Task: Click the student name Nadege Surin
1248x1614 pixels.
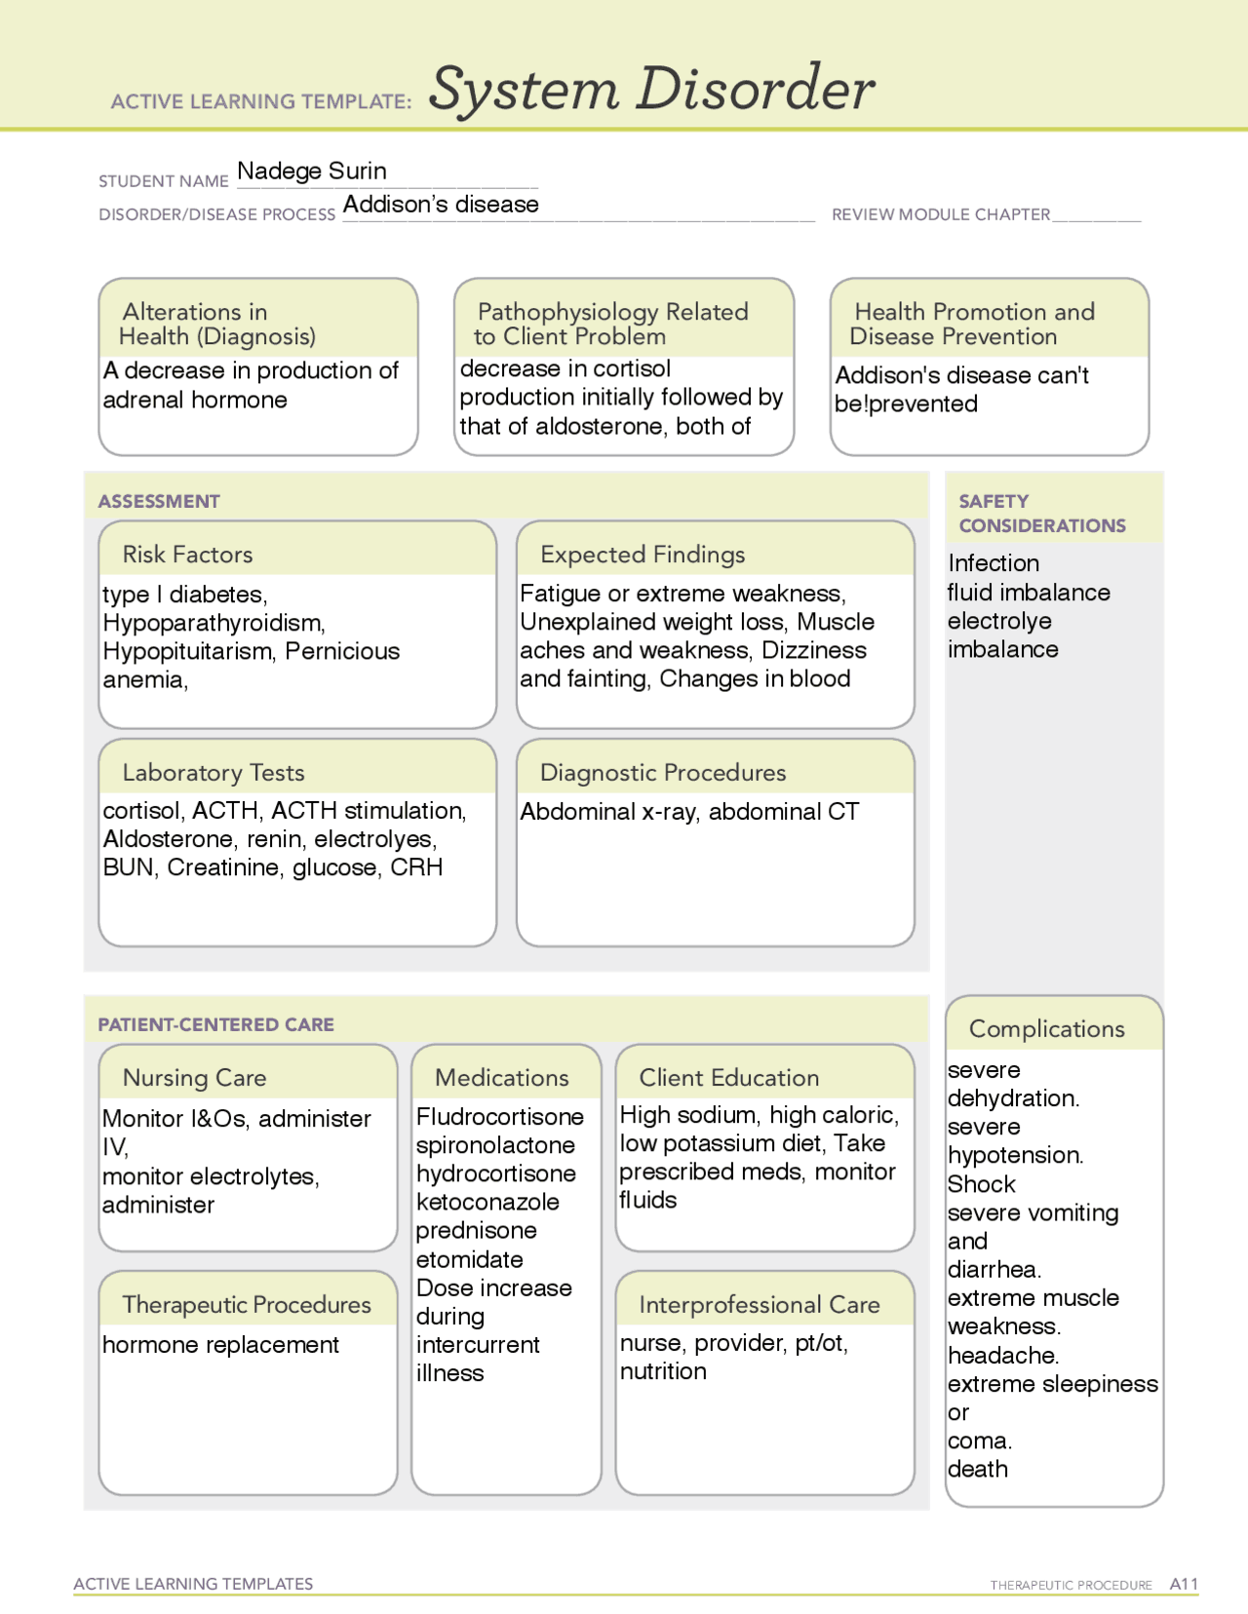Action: (312, 172)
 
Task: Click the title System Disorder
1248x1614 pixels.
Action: (651, 90)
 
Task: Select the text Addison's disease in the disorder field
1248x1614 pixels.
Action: (441, 205)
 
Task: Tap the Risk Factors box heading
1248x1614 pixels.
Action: (187, 555)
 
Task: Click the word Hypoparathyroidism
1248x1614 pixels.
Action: (213, 623)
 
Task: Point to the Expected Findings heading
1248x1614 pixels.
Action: (643, 555)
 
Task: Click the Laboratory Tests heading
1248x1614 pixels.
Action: (214, 773)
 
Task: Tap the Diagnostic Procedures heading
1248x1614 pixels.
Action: (663, 773)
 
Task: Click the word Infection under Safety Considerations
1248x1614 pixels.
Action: (994, 563)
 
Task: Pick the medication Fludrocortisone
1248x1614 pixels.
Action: (500, 1117)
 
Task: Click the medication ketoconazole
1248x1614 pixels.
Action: (487, 1202)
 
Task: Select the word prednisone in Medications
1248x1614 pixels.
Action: (476, 1230)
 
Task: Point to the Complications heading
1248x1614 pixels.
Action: (1046, 1029)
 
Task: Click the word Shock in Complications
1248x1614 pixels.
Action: (982, 1184)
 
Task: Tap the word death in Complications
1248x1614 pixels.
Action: (978, 1469)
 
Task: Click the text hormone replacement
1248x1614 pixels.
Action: (221, 1345)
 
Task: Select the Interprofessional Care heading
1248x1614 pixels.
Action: (759, 1305)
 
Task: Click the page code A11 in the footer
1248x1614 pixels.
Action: (1184, 1584)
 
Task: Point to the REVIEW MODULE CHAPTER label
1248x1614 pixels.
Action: (941, 214)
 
